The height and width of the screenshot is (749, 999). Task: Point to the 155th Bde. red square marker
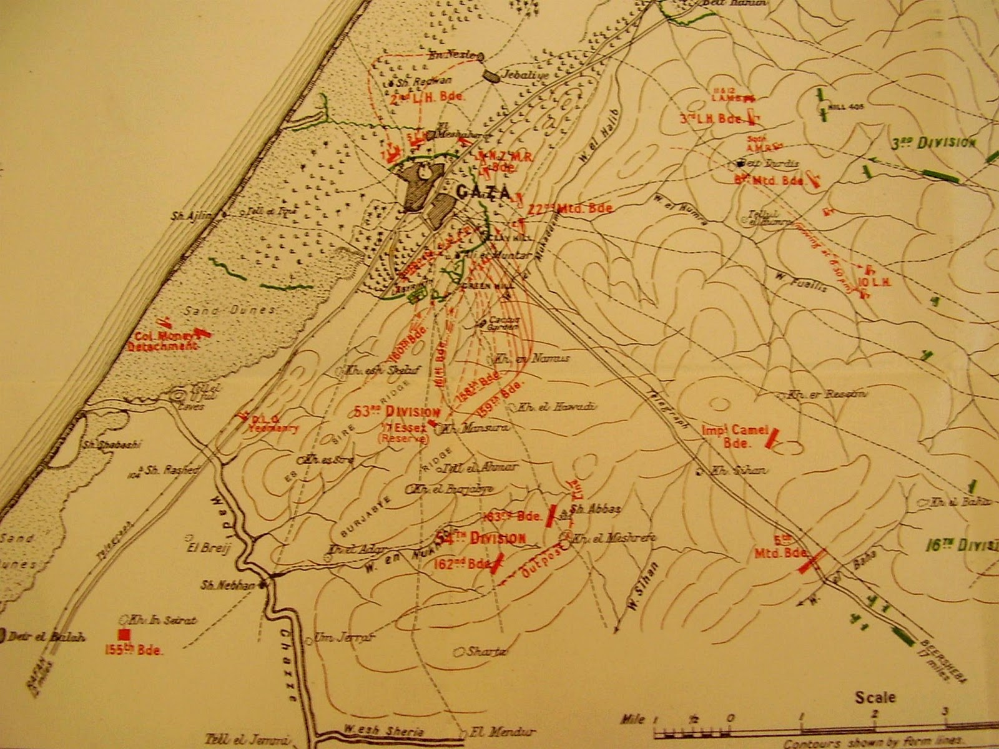124,634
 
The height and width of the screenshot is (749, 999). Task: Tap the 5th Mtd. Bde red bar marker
812,561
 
